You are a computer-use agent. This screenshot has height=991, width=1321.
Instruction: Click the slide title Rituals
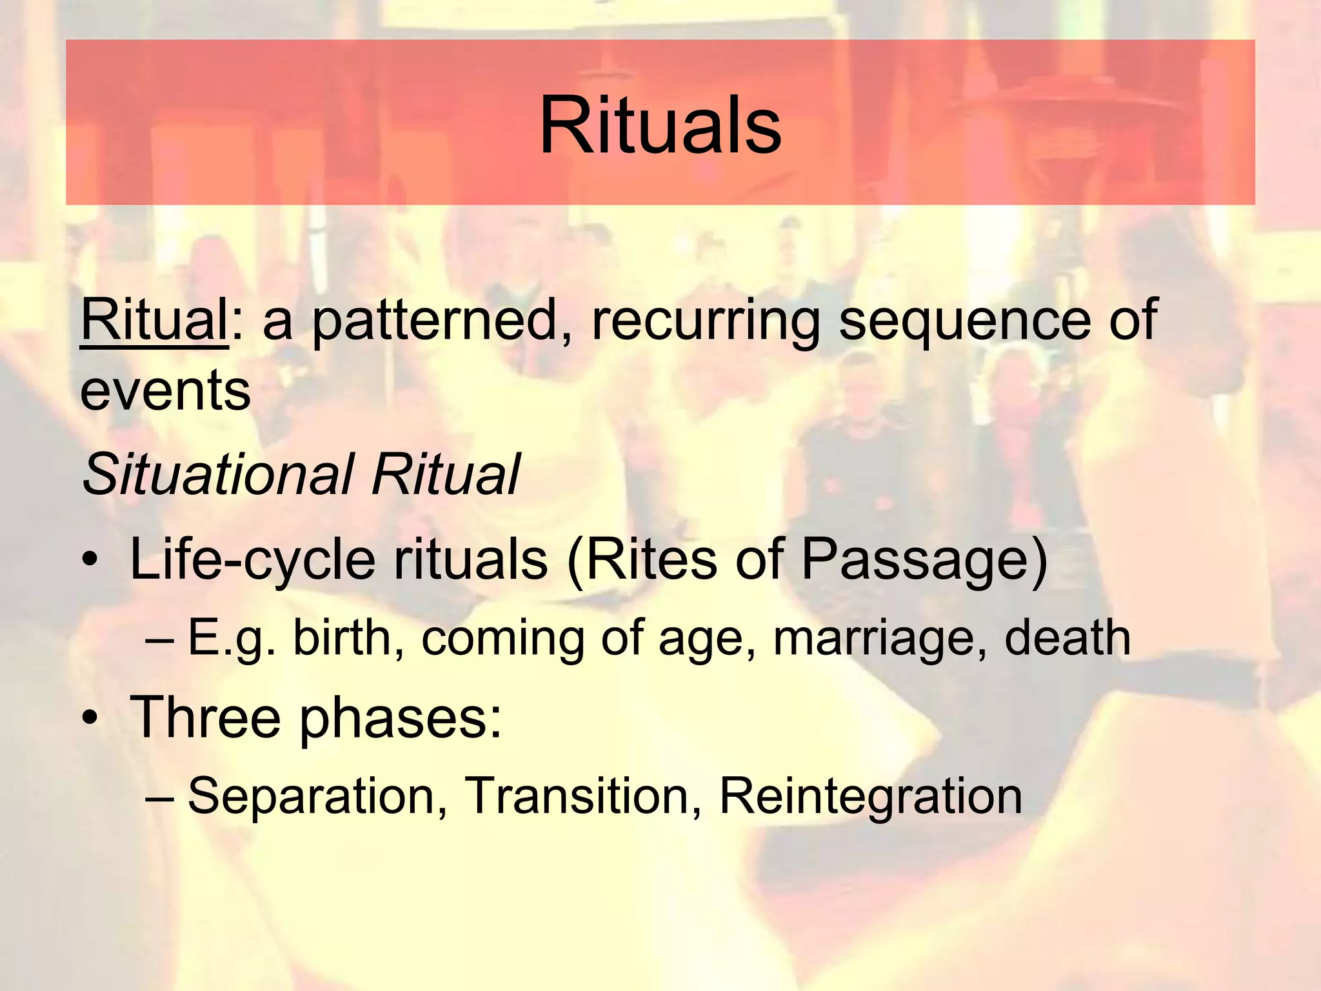660,125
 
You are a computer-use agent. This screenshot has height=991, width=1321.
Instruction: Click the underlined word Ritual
154,321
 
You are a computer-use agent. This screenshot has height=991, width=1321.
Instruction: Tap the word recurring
706,321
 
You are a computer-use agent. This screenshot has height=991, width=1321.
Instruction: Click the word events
165,391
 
